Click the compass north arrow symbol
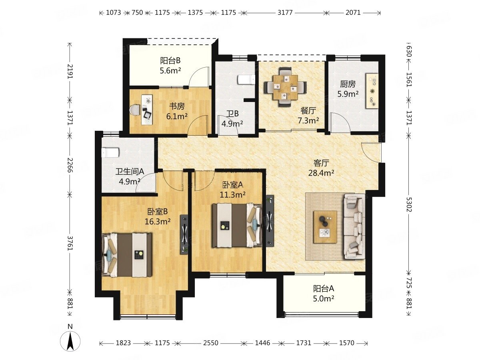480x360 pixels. click(x=70, y=341)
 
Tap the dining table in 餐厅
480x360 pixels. click(x=285, y=87)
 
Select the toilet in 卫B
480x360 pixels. click(x=246, y=80)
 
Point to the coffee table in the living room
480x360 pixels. click(x=325, y=227)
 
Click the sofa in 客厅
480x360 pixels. click(x=354, y=226)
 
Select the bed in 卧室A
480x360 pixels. click(x=237, y=226)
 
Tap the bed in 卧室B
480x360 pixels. click(x=127, y=255)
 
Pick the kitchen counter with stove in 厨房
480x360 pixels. click(x=372, y=90)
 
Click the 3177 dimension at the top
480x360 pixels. click(x=285, y=13)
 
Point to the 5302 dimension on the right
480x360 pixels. click(x=408, y=204)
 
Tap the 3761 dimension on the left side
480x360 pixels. click(x=70, y=243)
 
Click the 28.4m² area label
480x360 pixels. click(x=321, y=173)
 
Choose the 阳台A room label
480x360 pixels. click(x=324, y=288)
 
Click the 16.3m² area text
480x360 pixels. click(x=158, y=222)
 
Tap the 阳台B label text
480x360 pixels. click(x=170, y=60)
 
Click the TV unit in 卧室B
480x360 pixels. click(x=184, y=235)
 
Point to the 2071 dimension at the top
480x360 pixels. click(x=353, y=13)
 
